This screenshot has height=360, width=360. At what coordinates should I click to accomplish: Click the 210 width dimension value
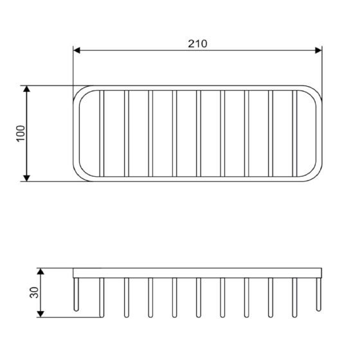197,44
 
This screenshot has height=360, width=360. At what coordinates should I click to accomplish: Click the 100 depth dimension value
21,134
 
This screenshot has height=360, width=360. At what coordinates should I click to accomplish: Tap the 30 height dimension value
34,292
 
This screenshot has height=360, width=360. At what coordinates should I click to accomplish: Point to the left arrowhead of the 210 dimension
76,50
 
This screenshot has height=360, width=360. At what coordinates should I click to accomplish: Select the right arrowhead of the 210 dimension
318,50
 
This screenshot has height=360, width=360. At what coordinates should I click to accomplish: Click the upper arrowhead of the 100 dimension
27,89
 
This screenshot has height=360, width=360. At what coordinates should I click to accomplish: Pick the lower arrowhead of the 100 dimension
27,178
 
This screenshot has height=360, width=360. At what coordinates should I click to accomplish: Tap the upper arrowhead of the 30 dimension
40,271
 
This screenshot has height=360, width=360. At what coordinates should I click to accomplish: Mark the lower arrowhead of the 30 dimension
40,314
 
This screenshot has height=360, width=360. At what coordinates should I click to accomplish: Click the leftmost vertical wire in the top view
102,134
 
